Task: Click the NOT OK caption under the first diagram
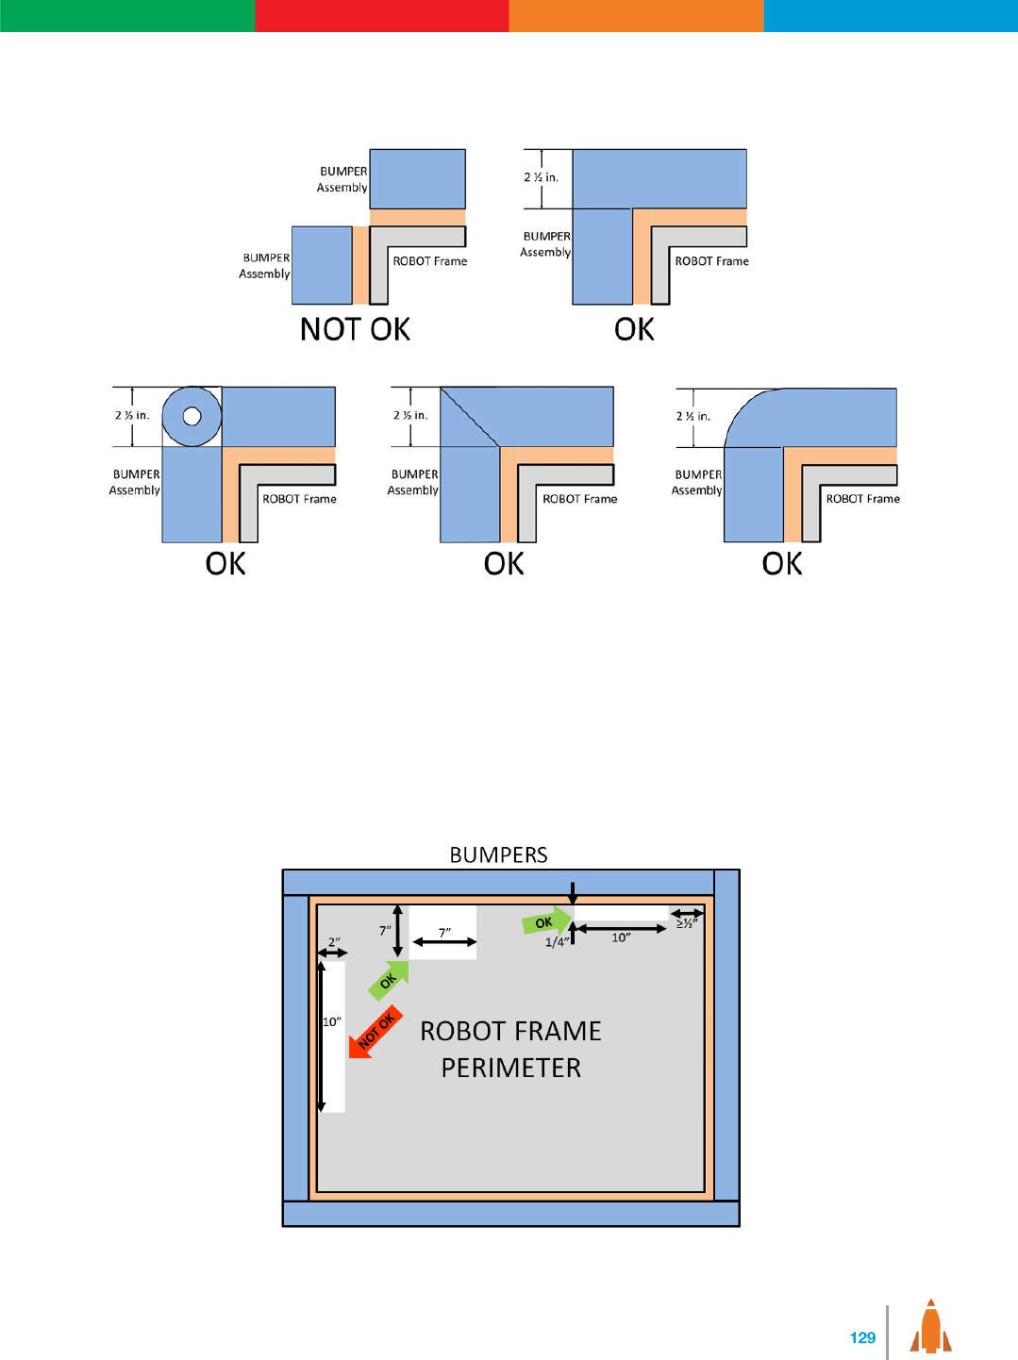pos(355,329)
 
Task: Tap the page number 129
pos(862,1337)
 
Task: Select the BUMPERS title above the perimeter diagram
pos(498,854)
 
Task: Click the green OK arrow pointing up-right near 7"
pos(389,980)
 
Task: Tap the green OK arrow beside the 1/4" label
pos(546,920)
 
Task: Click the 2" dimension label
pos(334,942)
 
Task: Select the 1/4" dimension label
pos(557,941)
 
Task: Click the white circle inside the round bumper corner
pos(192,415)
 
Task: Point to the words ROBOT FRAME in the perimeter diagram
pos(510,1031)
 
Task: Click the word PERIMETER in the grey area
pos(510,1068)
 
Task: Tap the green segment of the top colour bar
pos(126,15)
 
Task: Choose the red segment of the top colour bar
pos(381,15)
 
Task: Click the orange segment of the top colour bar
pos(636,15)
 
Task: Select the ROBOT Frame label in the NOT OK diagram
pos(429,261)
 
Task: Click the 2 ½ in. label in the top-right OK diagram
pos(541,177)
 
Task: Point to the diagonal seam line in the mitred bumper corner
pos(470,417)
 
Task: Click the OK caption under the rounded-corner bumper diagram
pos(782,564)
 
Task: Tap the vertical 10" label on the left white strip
pos(331,1021)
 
